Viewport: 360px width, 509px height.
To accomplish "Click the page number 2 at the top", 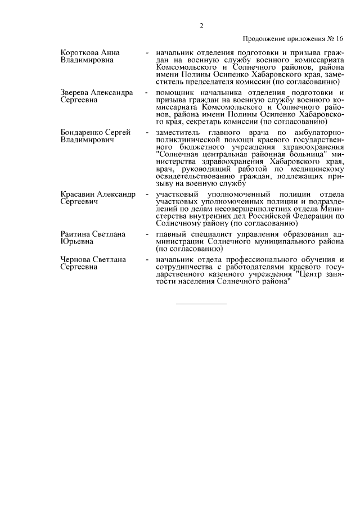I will (x=201, y=25).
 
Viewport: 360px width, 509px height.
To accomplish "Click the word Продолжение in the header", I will (x=264, y=39).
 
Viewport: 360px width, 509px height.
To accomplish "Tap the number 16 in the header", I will (x=339, y=39).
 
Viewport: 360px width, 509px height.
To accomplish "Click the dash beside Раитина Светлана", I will (x=147, y=234).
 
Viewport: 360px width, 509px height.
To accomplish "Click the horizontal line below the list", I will (x=201, y=304).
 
